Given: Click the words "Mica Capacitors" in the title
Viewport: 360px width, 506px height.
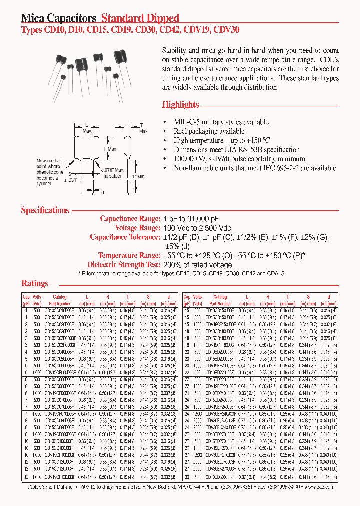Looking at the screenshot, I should [x=58, y=18].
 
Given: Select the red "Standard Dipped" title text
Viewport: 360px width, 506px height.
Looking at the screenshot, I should [x=140, y=18].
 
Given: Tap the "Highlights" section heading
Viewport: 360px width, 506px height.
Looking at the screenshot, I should [x=180, y=105].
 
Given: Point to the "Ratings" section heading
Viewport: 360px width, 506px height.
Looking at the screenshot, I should [x=35, y=283].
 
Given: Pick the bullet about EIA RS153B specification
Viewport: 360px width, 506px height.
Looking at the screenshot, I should [x=236, y=150].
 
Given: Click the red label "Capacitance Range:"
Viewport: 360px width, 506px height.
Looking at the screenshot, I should [x=130, y=219].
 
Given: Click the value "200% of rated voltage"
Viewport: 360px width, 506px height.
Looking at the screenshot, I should [x=198, y=265].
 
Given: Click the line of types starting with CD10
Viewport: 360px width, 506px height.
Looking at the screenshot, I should [x=130, y=30].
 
